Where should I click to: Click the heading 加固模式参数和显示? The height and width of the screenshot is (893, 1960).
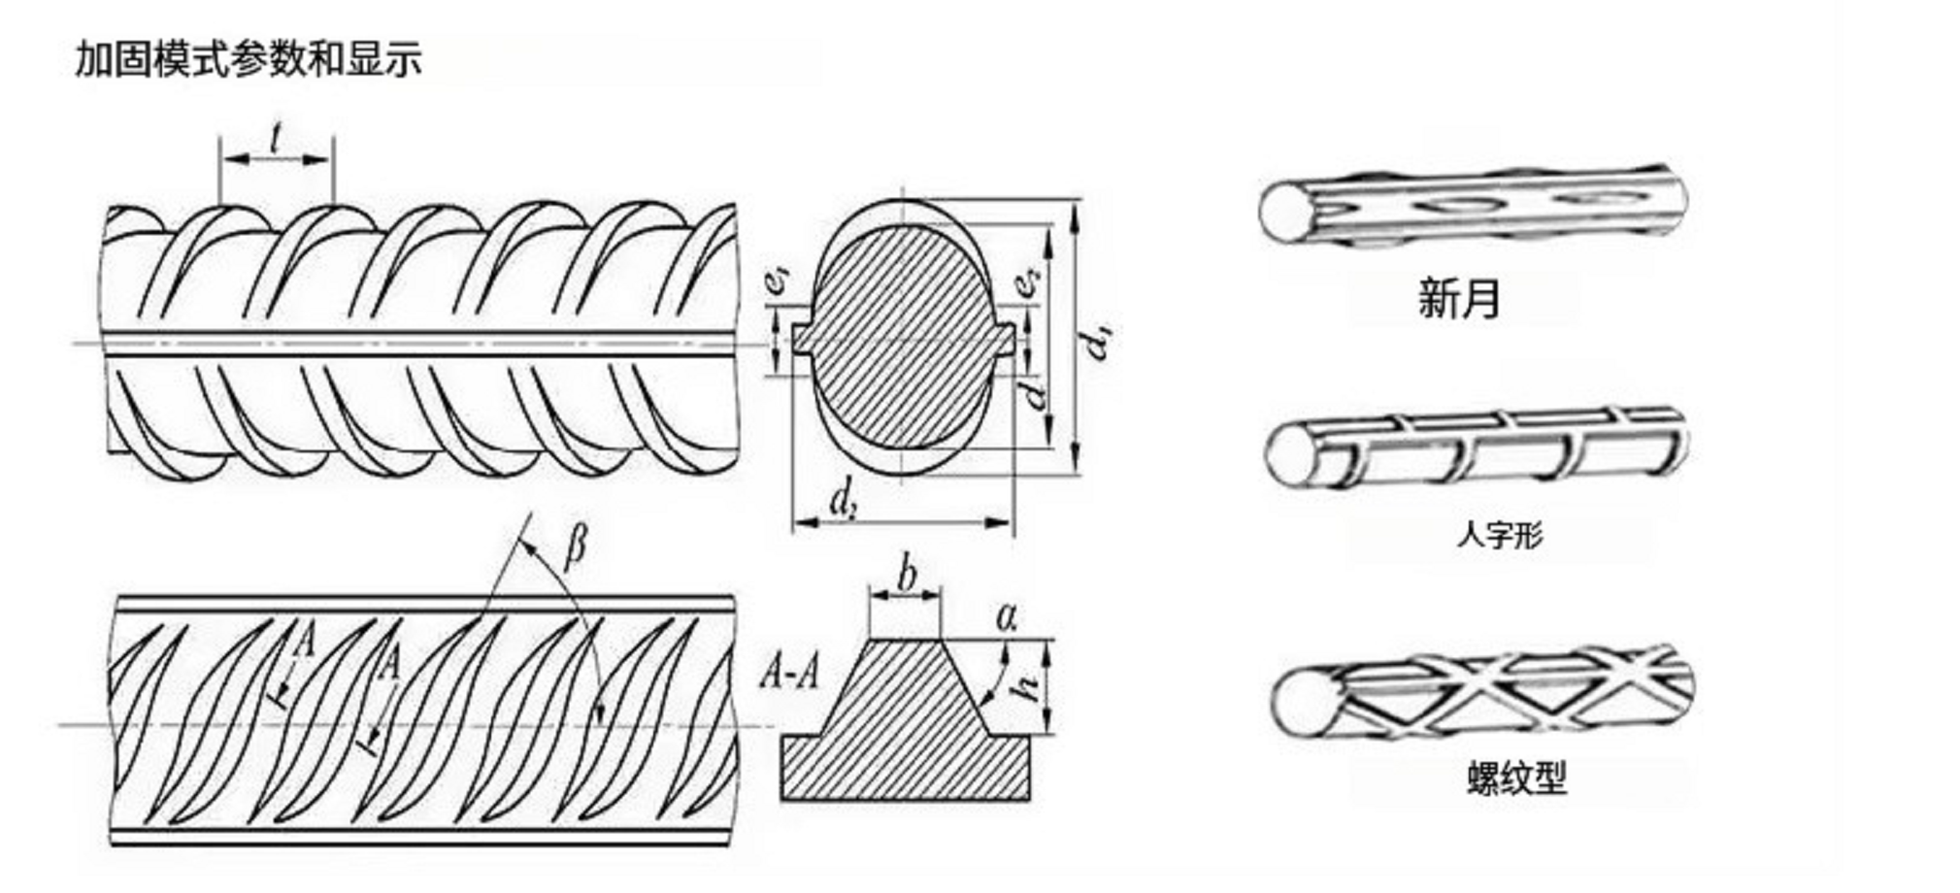point(249,58)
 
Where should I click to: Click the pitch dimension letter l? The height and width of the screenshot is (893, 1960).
point(277,138)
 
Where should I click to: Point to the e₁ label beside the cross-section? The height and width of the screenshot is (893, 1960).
point(778,281)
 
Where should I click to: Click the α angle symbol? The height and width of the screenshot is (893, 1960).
point(1007,616)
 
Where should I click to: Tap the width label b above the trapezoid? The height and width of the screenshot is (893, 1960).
point(907,575)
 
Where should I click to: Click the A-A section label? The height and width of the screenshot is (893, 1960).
point(788,671)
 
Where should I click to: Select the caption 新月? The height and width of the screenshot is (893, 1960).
point(1459,298)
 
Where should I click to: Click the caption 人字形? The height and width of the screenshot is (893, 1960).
point(1499,534)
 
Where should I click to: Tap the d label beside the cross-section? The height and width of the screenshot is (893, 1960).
point(1037,394)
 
